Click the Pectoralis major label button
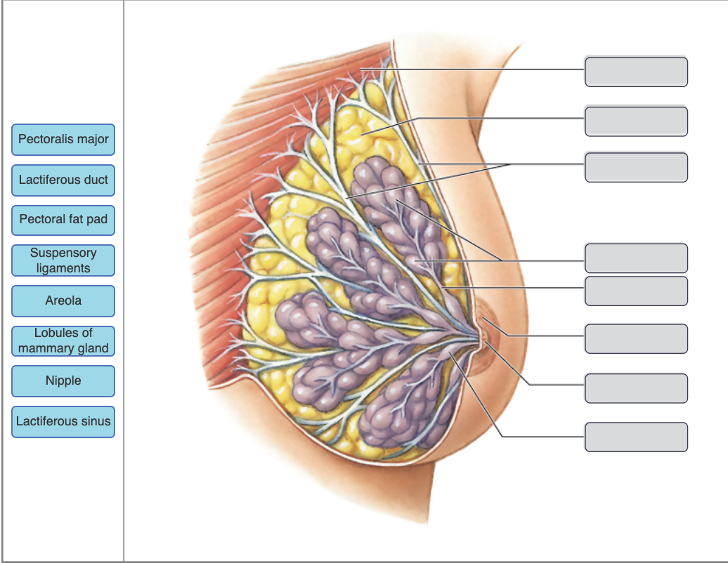point(63,139)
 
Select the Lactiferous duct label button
point(63,180)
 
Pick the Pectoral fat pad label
point(63,220)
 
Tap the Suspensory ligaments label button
point(63,260)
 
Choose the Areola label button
point(63,300)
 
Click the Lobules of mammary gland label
point(63,340)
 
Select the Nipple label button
point(63,380)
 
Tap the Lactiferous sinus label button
point(63,421)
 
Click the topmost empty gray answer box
point(636,72)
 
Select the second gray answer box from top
point(636,121)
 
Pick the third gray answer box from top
point(636,167)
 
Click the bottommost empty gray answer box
point(636,437)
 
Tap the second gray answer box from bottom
point(636,388)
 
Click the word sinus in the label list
point(96,421)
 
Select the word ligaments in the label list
point(63,268)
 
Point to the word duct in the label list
point(96,180)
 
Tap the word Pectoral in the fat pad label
point(41,220)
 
